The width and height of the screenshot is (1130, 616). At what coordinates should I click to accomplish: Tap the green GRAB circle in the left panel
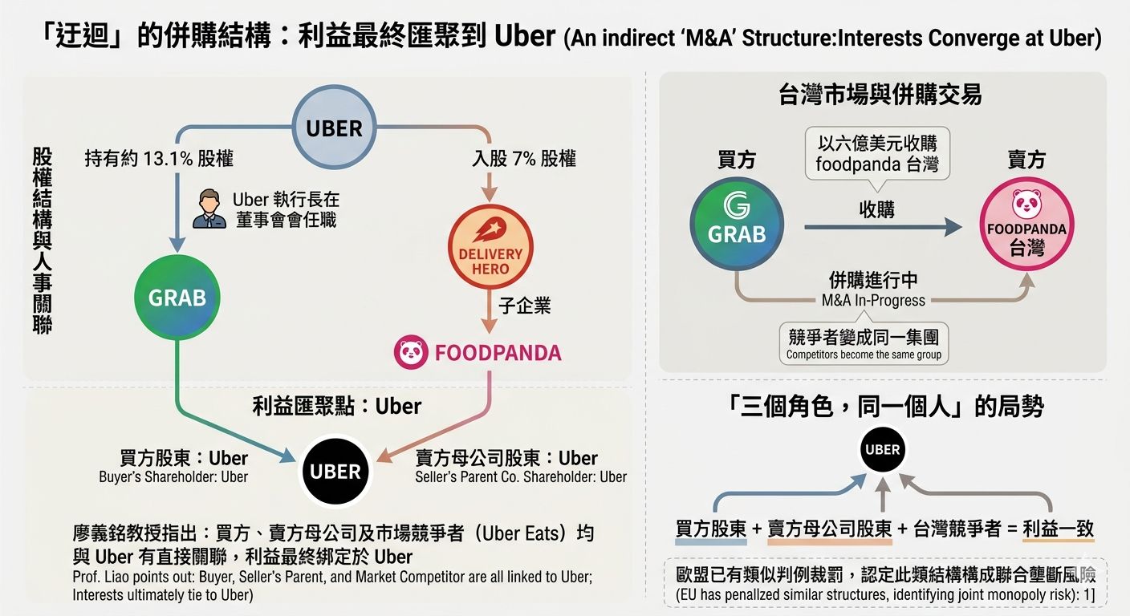click(x=177, y=298)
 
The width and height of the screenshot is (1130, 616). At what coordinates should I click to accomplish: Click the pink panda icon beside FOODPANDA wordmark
click(x=409, y=352)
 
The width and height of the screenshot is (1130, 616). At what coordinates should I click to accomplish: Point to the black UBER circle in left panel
click(x=335, y=471)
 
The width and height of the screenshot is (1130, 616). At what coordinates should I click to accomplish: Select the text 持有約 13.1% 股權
click(x=158, y=158)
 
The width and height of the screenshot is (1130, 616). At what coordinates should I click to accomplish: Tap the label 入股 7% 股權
click(x=523, y=158)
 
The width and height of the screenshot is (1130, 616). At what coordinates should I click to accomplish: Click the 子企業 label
click(x=525, y=305)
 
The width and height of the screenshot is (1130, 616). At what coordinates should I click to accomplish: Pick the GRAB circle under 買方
click(x=736, y=222)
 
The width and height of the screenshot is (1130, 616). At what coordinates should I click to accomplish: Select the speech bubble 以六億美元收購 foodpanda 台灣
click(x=876, y=153)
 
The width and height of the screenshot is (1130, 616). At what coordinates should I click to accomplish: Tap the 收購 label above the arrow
click(x=876, y=209)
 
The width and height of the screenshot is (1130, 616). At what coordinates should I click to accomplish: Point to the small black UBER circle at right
click(x=882, y=449)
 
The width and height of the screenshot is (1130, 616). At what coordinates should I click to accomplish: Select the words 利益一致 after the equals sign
click(x=1059, y=529)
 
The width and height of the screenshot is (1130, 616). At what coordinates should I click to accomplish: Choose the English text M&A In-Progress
click(x=873, y=301)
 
